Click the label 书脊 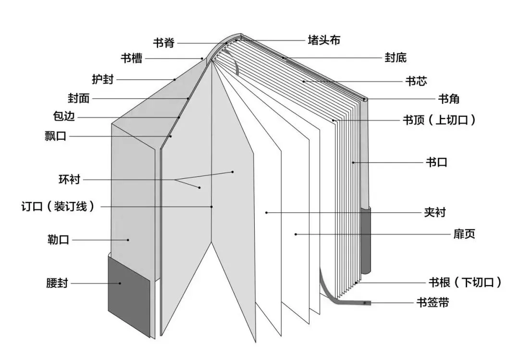pyautogui.click(x=163, y=43)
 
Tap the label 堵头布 pyautogui.click(x=324, y=40)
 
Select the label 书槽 pyautogui.click(x=131, y=59)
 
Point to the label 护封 pyautogui.click(x=103, y=79)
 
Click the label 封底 pyautogui.click(x=395, y=58)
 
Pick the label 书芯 pyautogui.click(x=416, y=81)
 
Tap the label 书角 pyautogui.click(x=448, y=99)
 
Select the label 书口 pyautogui.click(x=436, y=162)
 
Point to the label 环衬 pyautogui.click(x=69, y=180)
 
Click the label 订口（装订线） pyautogui.click(x=58, y=207)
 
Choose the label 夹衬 pyautogui.click(x=434, y=212)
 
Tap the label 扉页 pyautogui.click(x=464, y=234)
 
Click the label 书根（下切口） pyautogui.click(x=465, y=282)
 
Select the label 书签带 pyautogui.click(x=433, y=303)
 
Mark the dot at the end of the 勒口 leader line pyautogui.click(x=128, y=239)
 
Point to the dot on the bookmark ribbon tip pyautogui.click(x=366, y=303)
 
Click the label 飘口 pyautogui.click(x=55, y=137)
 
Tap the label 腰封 pyautogui.click(x=57, y=284)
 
